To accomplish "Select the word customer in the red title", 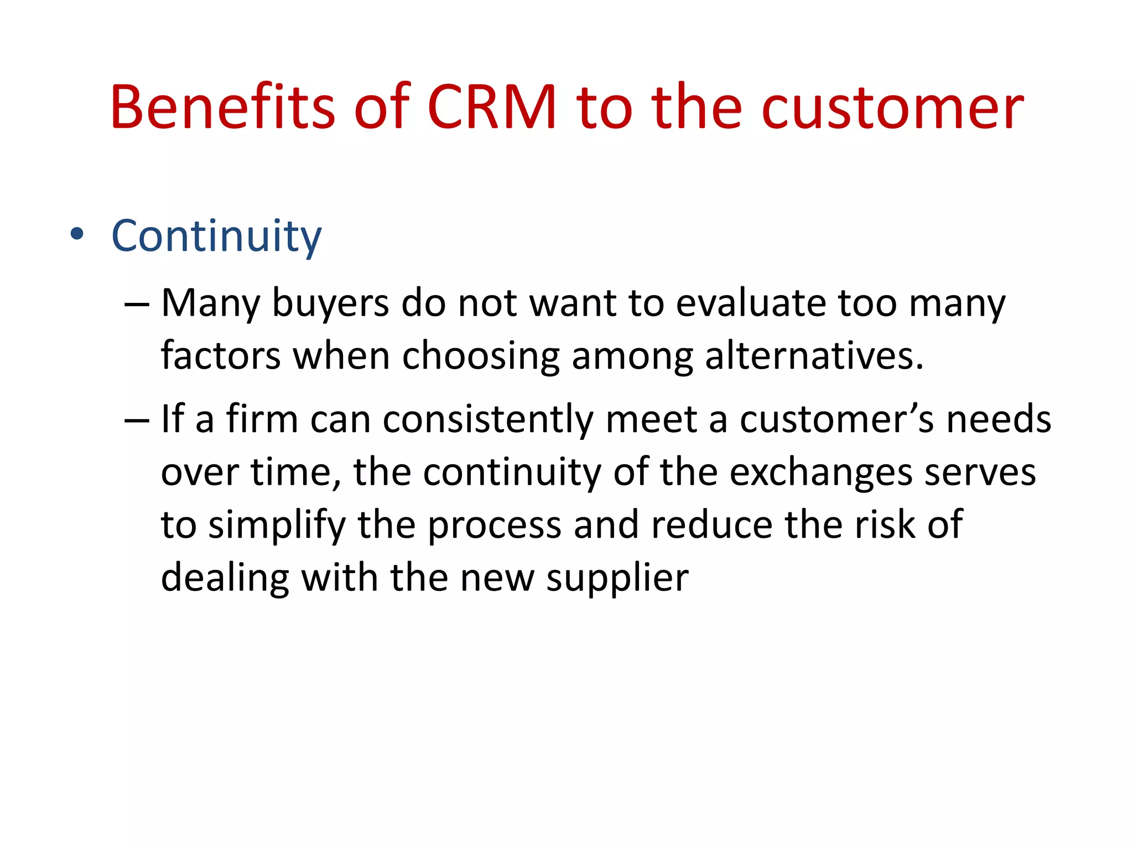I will pos(892,108).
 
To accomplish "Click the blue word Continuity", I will pos(216,237).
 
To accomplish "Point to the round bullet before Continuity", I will pos(77,234).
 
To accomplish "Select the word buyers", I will pos(331,305).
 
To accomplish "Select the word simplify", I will pos(277,526).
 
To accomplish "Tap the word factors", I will pos(221,355).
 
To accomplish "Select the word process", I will pos(495,526).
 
